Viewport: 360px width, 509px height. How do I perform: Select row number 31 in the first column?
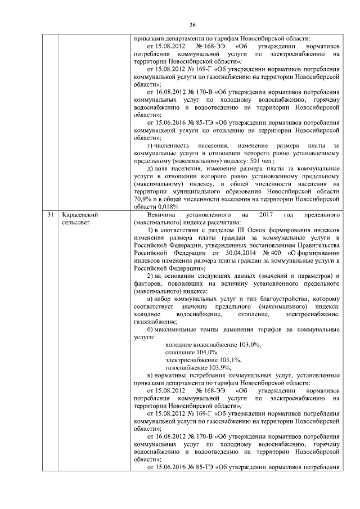pos(51,215)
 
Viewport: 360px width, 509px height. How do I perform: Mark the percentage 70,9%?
pos(142,199)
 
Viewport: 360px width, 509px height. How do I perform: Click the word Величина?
pos(161,215)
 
